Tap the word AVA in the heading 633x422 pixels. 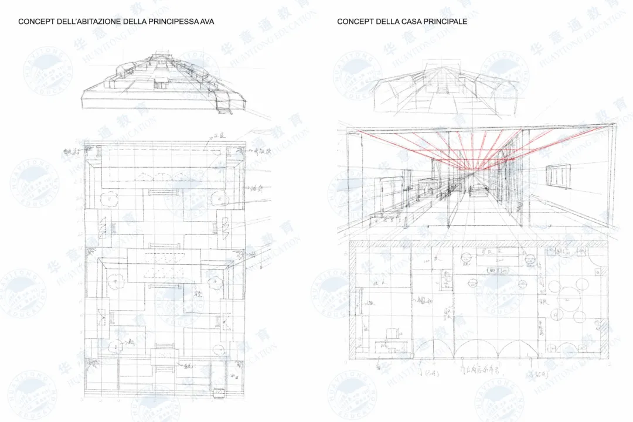point(206,22)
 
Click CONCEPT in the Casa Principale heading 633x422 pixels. point(355,22)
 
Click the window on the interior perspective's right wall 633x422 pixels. point(558,176)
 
